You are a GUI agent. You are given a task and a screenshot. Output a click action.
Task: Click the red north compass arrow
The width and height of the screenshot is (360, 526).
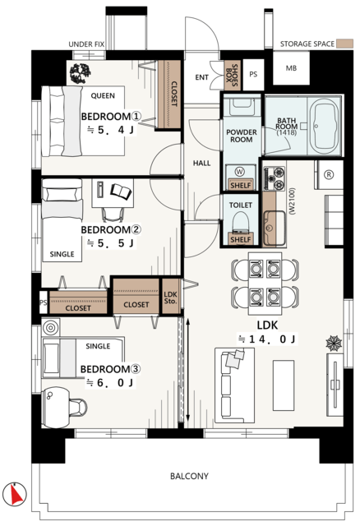(16, 495)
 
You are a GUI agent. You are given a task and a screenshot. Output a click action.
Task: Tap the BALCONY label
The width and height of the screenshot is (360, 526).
(189, 476)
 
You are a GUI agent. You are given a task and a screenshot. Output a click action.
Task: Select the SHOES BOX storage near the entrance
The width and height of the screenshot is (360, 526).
(232, 76)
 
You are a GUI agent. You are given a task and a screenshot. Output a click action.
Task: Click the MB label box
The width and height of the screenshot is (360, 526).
(291, 68)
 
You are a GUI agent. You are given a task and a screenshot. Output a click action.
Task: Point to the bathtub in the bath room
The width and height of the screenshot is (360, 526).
(324, 126)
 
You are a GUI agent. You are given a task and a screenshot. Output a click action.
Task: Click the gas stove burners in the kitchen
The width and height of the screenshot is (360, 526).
(275, 178)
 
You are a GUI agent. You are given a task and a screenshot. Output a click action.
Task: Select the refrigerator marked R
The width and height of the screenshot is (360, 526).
(329, 175)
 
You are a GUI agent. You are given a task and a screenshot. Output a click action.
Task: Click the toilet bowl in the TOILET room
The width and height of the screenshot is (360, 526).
(240, 223)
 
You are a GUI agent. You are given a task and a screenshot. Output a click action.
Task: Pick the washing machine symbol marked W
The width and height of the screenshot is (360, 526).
(239, 172)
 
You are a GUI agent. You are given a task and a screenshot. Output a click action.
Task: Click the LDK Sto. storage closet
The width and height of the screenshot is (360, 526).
(171, 297)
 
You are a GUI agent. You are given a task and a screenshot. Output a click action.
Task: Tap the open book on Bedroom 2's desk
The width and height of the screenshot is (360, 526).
(121, 191)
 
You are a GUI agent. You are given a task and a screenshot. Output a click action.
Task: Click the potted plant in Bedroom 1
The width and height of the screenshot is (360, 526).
(80, 73)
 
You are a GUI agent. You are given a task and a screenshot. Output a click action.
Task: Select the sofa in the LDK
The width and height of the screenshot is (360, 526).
(234, 385)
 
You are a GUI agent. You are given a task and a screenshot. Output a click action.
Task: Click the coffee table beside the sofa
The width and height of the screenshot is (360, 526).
(284, 385)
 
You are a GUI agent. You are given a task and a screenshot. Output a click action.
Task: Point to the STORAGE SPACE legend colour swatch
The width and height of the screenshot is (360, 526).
(345, 44)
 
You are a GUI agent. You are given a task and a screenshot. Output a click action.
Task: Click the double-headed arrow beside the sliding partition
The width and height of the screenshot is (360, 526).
(188, 370)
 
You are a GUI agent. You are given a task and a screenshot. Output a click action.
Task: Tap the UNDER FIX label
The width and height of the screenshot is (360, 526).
(86, 44)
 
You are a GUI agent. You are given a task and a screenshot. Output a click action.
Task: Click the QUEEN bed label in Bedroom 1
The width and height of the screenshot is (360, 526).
(103, 95)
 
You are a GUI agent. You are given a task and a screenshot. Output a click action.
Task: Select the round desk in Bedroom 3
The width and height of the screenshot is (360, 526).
(56, 408)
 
